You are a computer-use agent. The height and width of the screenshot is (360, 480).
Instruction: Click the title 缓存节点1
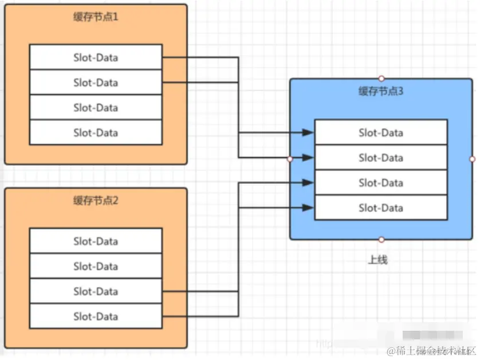(x=96, y=17)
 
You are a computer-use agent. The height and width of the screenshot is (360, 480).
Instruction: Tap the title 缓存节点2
(x=96, y=201)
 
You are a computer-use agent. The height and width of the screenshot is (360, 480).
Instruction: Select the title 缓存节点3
(x=381, y=91)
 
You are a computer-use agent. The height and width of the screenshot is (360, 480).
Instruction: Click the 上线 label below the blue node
(x=378, y=260)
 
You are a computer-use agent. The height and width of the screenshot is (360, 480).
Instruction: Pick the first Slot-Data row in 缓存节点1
(x=96, y=57)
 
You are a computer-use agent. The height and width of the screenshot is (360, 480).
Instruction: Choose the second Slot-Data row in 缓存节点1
(x=96, y=83)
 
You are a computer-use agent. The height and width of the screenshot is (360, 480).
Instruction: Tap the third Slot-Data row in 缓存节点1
(x=96, y=108)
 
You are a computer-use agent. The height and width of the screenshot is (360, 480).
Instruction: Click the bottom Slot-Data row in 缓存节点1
(x=96, y=132)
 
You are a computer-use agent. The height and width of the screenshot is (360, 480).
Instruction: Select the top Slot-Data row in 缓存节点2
(x=96, y=241)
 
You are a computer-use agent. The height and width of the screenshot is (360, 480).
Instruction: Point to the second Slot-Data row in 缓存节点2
(x=96, y=266)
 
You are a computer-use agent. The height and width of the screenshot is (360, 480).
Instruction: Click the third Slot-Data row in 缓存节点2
(x=96, y=291)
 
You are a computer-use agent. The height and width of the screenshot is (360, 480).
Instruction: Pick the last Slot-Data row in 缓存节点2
(x=96, y=316)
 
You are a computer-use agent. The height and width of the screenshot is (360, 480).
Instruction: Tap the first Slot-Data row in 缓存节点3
(x=381, y=132)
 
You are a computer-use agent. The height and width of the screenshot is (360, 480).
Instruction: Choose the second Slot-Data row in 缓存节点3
(x=381, y=158)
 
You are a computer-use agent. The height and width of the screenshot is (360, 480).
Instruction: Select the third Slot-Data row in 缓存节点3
(x=381, y=183)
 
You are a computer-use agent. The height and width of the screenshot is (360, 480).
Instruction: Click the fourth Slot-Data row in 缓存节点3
(x=381, y=208)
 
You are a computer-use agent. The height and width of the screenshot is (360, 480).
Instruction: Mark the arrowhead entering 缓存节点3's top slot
(x=309, y=132)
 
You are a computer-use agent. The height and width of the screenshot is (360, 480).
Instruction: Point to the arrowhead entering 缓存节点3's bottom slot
(x=309, y=208)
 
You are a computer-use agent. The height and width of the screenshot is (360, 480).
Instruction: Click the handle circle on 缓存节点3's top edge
(x=381, y=79)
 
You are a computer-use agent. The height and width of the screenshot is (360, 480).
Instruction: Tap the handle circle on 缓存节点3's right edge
(x=473, y=159)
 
